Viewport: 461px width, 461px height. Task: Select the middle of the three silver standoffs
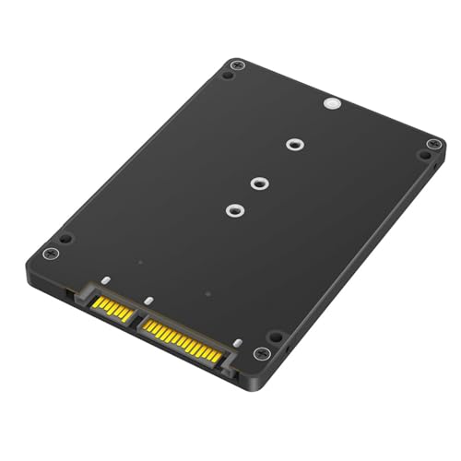coord(261,183)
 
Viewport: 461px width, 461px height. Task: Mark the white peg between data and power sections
coord(148,301)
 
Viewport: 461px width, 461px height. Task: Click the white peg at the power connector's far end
coord(237,343)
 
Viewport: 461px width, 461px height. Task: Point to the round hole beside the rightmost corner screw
coord(421,156)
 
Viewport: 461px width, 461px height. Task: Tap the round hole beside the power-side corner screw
coord(274,337)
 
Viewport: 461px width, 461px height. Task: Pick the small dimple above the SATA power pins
coord(208,296)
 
